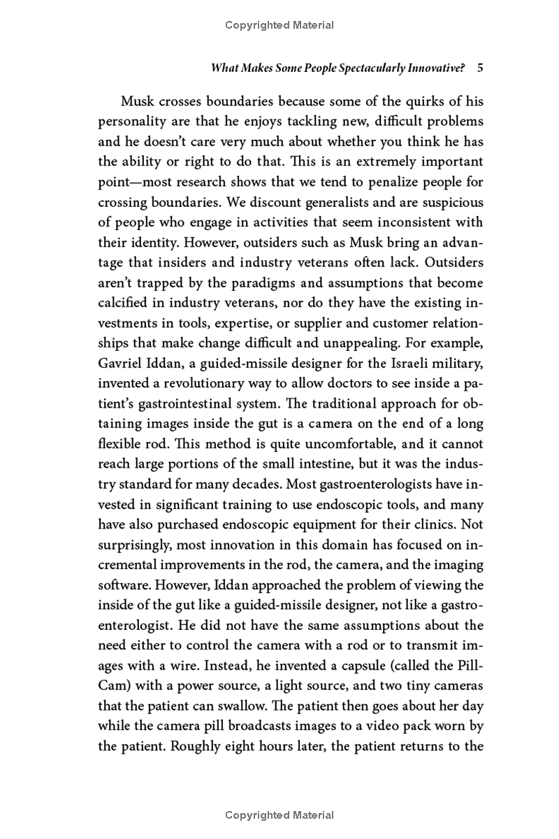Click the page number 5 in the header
pyautogui.click(x=480, y=69)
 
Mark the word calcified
pyautogui.click(x=124, y=303)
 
